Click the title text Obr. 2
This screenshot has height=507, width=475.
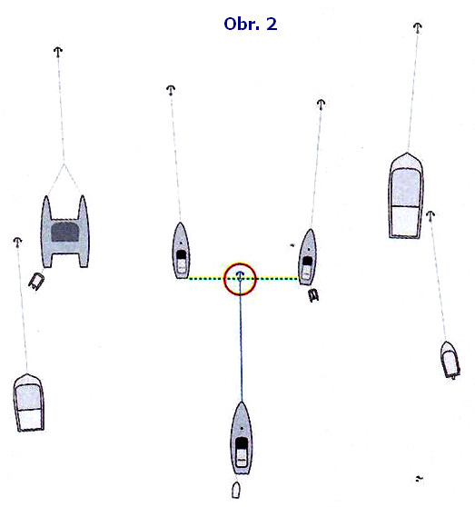[x=251, y=24]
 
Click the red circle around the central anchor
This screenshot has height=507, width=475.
[x=240, y=263]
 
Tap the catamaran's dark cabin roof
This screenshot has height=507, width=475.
[x=65, y=232]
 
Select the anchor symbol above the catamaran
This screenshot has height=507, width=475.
[x=58, y=52]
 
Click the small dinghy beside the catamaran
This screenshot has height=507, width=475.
[x=36, y=281]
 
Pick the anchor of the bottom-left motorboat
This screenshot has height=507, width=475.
[x=17, y=243]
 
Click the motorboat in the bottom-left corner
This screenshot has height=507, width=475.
[x=28, y=403]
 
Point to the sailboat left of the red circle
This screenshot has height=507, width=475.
[x=181, y=251]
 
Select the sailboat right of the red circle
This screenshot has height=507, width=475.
[x=307, y=257]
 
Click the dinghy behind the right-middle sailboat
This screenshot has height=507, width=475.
[x=313, y=295]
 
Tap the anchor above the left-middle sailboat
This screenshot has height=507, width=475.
[x=171, y=90]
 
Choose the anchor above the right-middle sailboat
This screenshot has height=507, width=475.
[x=321, y=104]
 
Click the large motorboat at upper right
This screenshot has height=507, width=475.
[x=406, y=195]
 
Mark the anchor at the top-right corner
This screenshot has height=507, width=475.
[x=418, y=28]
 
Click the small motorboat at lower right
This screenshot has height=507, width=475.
[x=450, y=360]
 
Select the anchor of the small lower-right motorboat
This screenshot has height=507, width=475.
[x=430, y=216]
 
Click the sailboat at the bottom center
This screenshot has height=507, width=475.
[x=242, y=438]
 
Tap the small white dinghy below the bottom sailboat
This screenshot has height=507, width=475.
[x=236, y=490]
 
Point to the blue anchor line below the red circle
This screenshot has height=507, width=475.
[x=241, y=340]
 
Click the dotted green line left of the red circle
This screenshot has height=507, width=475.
[x=206, y=278]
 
